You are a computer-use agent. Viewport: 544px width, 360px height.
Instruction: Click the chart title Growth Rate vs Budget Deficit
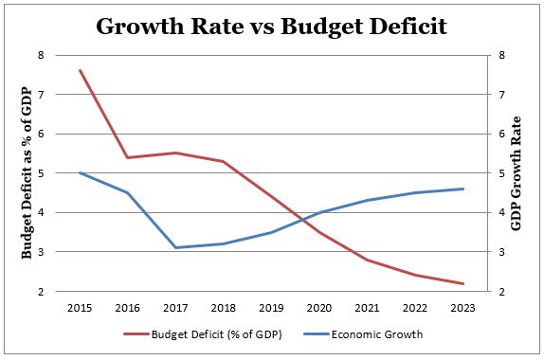[x=272, y=26]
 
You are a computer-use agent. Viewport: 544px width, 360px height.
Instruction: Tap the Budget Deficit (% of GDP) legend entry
[x=194, y=333]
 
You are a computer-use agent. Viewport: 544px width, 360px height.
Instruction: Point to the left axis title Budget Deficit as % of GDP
[x=27, y=173]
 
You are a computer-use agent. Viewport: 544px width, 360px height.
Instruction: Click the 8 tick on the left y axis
[x=41, y=55]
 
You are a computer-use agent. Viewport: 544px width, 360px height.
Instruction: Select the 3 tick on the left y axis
[x=41, y=252]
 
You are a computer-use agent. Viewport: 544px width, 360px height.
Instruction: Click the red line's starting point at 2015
[x=80, y=70]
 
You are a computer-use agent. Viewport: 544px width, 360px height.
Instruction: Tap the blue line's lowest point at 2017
[x=174, y=248]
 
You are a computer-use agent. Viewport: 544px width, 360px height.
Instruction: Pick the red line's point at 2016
[x=127, y=157]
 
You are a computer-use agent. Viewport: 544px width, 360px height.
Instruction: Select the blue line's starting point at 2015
[x=80, y=172]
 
